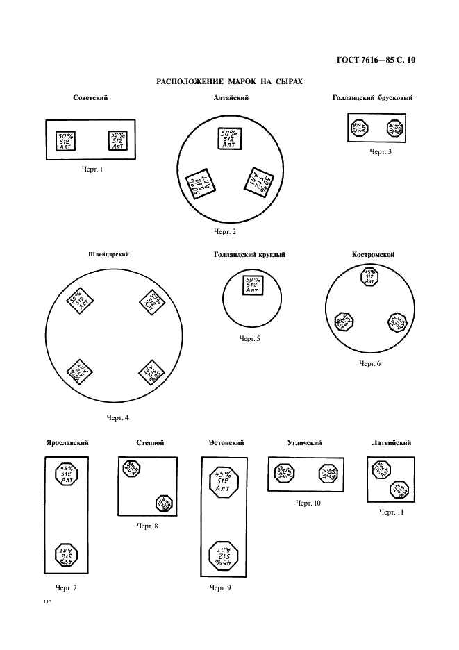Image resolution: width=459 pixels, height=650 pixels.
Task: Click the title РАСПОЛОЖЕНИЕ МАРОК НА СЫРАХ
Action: tap(230, 81)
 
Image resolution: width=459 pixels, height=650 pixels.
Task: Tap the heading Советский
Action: tap(90, 98)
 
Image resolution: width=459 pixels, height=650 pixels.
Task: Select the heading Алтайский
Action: tap(231, 98)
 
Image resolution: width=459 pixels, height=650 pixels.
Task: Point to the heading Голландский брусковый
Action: tap(373, 98)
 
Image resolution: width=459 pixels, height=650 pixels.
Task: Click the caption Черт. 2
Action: tap(225, 231)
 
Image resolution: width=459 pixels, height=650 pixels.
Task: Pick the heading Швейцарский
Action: tap(110, 255)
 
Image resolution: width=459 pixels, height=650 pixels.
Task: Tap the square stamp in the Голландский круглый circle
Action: tap(251, 285)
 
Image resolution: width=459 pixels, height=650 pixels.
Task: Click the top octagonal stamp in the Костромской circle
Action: tap(370, 277)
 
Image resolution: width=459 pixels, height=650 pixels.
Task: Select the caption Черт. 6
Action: tap(370, 364)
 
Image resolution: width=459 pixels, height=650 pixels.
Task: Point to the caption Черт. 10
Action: tap(308, 502)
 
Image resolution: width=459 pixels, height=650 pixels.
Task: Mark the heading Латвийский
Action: tap(392, 442)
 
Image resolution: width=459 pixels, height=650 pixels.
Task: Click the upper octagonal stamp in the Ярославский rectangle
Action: tap(67, 475)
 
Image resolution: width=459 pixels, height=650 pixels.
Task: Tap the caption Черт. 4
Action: tap(117, 417)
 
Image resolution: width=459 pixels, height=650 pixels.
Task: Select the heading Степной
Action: tap(151, 442)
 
